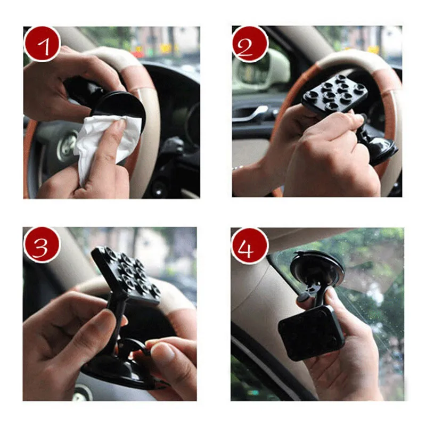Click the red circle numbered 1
pos(42,44)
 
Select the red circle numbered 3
pos(42,245)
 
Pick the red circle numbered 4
pos(249,246)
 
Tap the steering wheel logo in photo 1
pos(67,147)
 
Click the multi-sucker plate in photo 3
pos(126,274)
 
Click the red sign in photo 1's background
pos(138,54)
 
